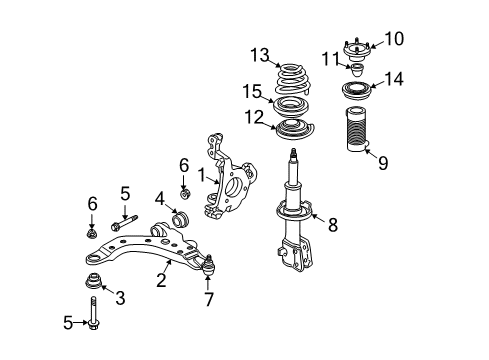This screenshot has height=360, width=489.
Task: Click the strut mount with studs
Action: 358,50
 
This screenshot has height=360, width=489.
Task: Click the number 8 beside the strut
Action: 334,226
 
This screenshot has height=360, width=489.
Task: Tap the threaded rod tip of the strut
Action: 295,156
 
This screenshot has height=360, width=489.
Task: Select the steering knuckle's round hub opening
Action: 240,185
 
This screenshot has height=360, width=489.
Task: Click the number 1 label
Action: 201,175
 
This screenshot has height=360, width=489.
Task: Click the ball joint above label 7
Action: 209,266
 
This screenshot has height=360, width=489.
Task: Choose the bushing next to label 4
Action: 183,219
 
